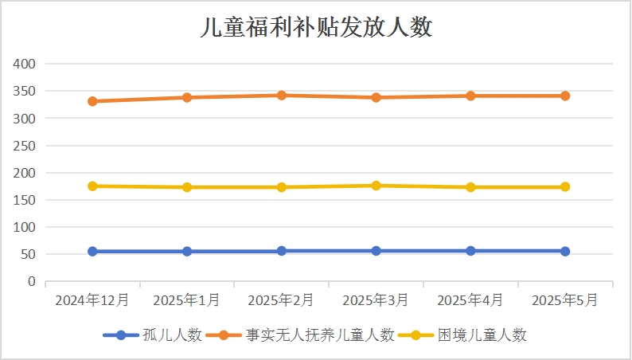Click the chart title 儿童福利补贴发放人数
[316, 28]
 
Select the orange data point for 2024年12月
[92, 101]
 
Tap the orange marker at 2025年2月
[282, 95]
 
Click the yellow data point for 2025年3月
[376, 186]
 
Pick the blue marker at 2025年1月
[187, 251]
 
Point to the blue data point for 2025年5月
[565, 251]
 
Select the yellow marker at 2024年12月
[92, 186]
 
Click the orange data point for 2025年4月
[470, 96]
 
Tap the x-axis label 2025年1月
[187, 300]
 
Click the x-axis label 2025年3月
[376, 300]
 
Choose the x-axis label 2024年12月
[92, 300]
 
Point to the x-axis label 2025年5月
[565, 300]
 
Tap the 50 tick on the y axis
[29, 255]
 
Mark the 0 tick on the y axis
[33, 282]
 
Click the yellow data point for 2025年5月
[565, 186]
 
